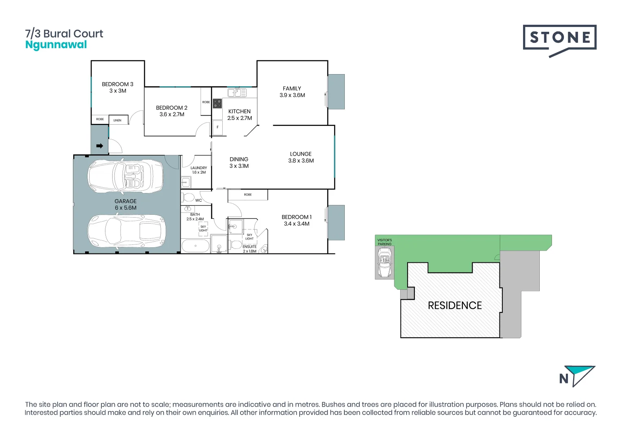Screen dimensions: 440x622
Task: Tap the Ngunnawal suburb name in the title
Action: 56,45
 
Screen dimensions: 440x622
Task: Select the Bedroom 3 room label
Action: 118,84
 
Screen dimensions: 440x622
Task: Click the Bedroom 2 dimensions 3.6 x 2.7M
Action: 172,114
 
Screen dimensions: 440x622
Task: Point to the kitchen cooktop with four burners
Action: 218,103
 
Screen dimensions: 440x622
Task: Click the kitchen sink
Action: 237,93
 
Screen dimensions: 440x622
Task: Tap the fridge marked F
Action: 217,128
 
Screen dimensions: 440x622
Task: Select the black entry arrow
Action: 99,146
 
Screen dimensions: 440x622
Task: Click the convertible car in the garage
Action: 125,176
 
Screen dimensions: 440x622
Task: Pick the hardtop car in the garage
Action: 127,231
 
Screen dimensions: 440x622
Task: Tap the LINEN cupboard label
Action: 117,120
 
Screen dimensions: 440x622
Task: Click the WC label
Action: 199,200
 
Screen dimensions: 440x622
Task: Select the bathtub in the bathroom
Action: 195,246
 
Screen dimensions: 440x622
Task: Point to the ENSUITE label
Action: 250,246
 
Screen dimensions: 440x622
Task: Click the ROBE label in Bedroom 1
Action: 248,195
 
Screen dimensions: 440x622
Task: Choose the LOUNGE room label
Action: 301,154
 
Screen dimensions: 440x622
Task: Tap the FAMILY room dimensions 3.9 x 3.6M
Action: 292,95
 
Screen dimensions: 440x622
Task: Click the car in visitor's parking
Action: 385,263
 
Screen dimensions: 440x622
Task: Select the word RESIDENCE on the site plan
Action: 455,306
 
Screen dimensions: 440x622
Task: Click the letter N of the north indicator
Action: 564,379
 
